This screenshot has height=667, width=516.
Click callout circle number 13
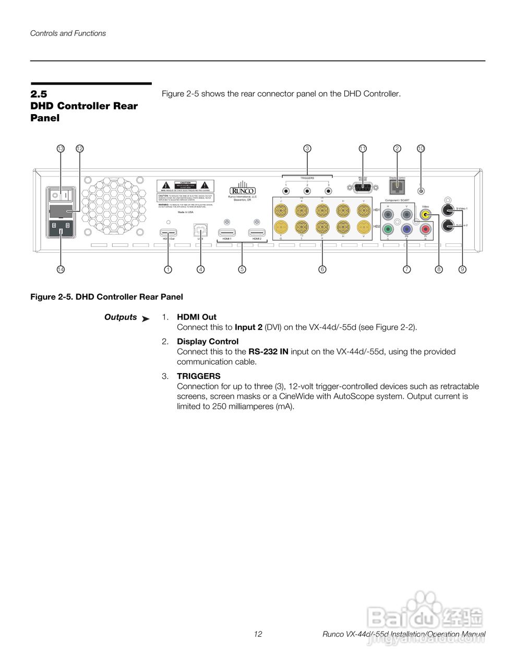(x=61, y=149)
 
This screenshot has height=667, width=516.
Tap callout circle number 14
(x=61, y=269)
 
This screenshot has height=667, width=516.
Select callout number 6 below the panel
(x=322, y=269)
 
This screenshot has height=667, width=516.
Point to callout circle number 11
(x=363, y=149)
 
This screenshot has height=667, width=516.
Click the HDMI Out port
(x=168, y=232)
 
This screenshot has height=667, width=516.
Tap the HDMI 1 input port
(x=226, y=232)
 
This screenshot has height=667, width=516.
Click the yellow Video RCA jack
(x=426, y=214)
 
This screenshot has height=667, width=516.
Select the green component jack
(x=387, y=229)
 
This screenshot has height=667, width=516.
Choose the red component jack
(x=426, y=229)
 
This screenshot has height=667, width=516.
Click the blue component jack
(x=406, y=229)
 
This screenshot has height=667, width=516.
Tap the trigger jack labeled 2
(x=307, y=191)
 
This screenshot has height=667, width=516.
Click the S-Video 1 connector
(x=448, y=209)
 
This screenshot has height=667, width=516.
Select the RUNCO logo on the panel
(x=243, y=191)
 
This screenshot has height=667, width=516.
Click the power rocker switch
(x=61, y=195)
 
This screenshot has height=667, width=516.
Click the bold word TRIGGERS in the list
(x=199, y=376)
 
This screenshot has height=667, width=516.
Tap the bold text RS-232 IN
(x=268, y=352)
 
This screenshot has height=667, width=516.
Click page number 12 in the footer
(x=258, y=634)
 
